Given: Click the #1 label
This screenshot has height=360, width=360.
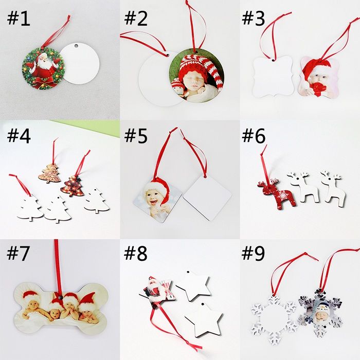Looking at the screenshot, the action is click(19, 19).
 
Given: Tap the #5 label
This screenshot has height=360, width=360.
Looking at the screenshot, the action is click(136, 136).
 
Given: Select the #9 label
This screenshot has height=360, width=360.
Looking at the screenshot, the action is click(253, 254).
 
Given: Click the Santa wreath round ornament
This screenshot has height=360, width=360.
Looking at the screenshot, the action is click(43, 68).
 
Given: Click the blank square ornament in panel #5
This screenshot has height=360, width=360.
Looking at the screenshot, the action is click(207, 196).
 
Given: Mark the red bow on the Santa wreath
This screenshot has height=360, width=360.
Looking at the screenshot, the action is click(48, 83).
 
